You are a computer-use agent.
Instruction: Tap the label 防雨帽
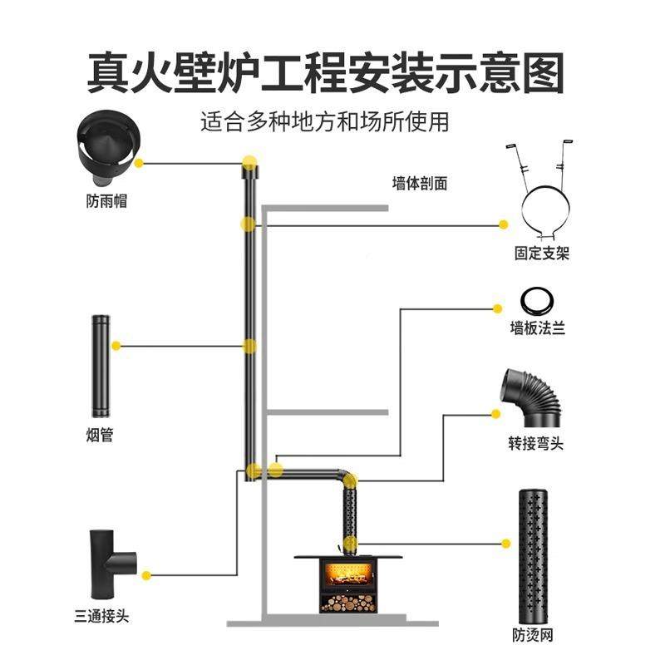(x=106, y=201)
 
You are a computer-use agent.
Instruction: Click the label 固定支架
(x=541, y=253)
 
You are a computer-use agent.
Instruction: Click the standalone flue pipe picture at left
(x=101, y=366)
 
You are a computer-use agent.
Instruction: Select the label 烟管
(x=100, y=435)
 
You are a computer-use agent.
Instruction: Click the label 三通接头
(x=101, y=616)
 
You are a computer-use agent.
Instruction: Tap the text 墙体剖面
(x=420, y=184)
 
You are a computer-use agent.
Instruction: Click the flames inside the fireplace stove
(x=349, y=574)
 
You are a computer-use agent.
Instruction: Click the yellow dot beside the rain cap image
(x=140, y=163)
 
